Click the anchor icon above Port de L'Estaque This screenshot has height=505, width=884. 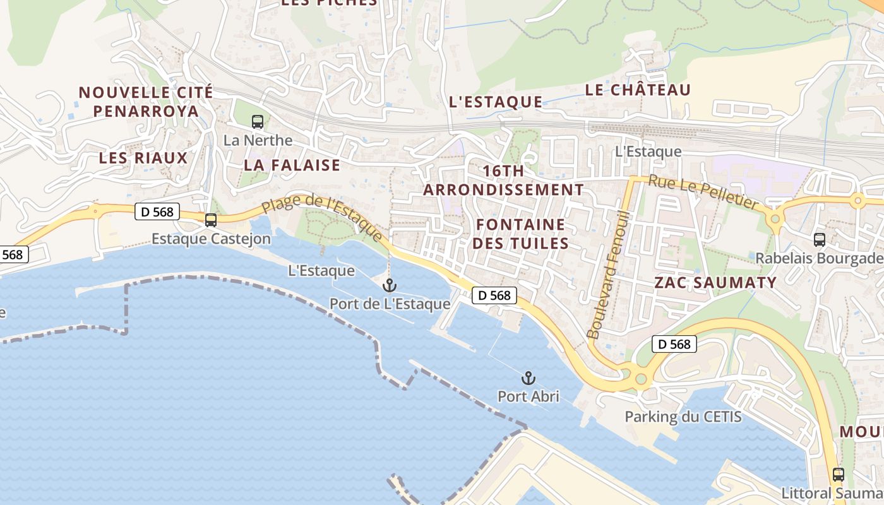coord(390,285)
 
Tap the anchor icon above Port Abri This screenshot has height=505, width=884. coord(529,378)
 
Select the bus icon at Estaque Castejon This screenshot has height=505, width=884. coord(211,220)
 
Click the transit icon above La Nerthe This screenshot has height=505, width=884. coord(258,122)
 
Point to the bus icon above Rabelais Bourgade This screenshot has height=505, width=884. coord(820,240)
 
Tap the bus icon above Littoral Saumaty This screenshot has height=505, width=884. coord(839,475)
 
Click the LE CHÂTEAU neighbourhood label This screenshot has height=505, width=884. coord(638,90)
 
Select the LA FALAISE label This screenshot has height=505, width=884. coord(292,165)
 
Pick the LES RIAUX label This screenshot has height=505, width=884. coord(143,158)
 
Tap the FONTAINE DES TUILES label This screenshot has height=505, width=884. coord(521,234)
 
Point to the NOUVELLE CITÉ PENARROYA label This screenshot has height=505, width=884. coord(146,102)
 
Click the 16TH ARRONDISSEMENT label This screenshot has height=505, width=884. coord(503,181)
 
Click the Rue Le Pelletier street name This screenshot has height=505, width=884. coord(703,192)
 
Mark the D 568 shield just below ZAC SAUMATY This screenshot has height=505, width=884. coord(674,344)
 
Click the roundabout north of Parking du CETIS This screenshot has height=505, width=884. coord(642,379)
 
